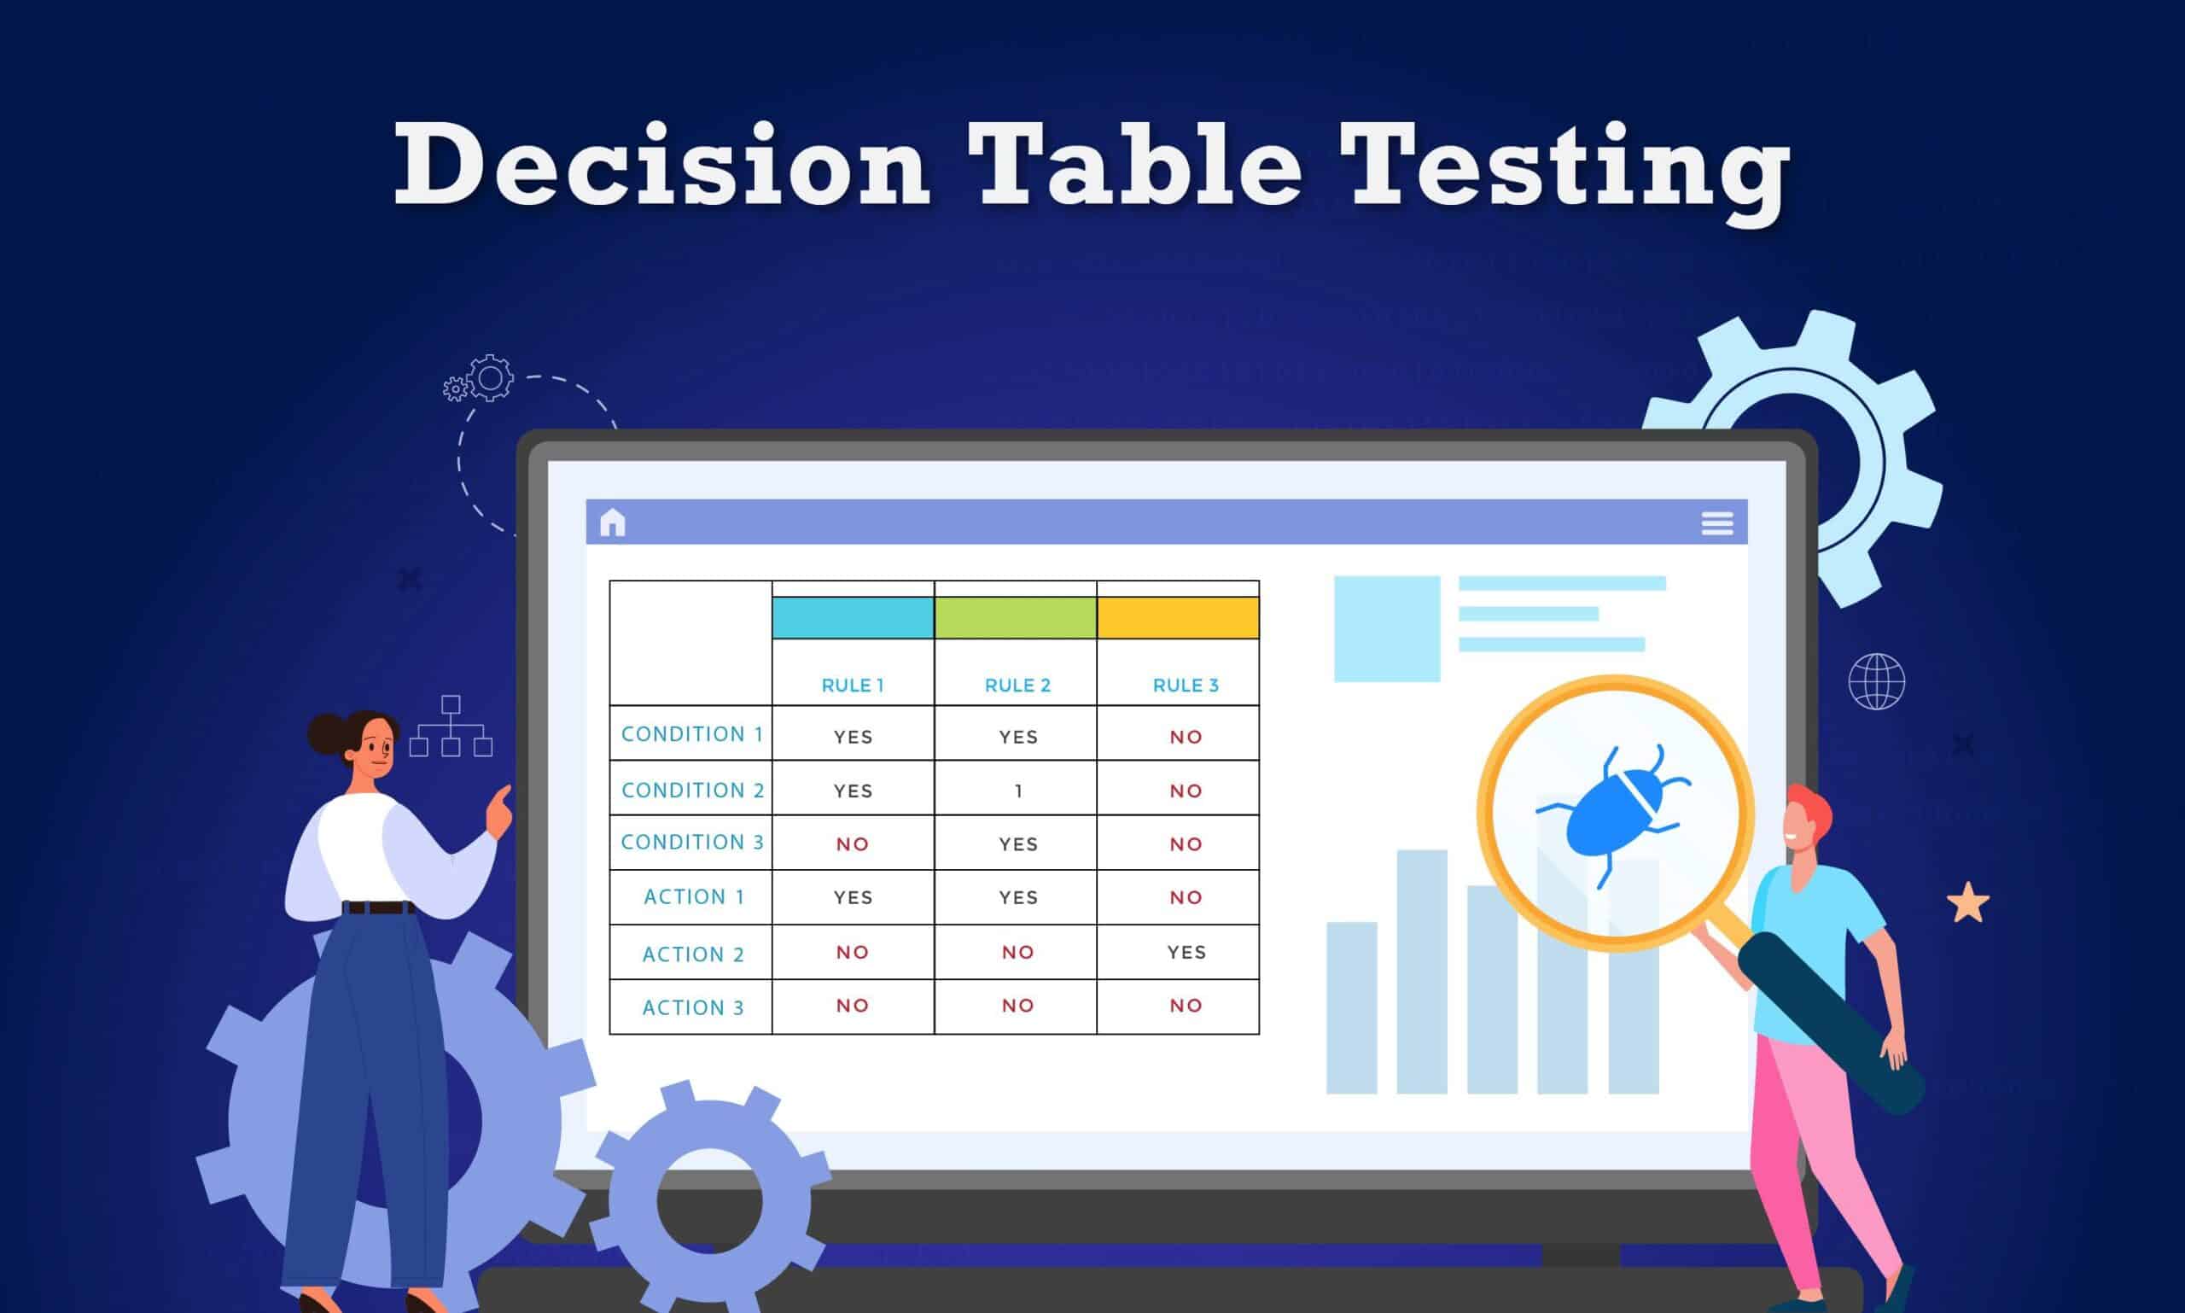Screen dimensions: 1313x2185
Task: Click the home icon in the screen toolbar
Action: click(x=612, y=523)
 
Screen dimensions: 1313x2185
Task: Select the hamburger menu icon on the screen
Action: click(x=1717, y=523)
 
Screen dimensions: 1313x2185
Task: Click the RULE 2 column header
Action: click(x=1017, y=685)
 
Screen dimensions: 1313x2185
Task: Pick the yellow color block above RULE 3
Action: click(x=1177, y=617)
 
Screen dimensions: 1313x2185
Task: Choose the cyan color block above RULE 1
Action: click(x=853, y=617)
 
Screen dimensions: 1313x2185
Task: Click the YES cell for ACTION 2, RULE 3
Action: click(x=1186, y=952)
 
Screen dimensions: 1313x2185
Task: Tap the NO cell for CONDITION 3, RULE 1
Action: click(x=853, y=844)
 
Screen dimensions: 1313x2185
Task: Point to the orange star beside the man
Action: click(x=1967, y=903)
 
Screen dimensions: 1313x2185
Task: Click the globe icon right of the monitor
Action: click(x=1876, y=681)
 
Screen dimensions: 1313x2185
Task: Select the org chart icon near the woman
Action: click(x=451, y=727)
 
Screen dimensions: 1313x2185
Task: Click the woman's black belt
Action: click(x=379, y=907)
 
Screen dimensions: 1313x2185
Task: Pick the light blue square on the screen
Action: click(x=1386, y=628)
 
